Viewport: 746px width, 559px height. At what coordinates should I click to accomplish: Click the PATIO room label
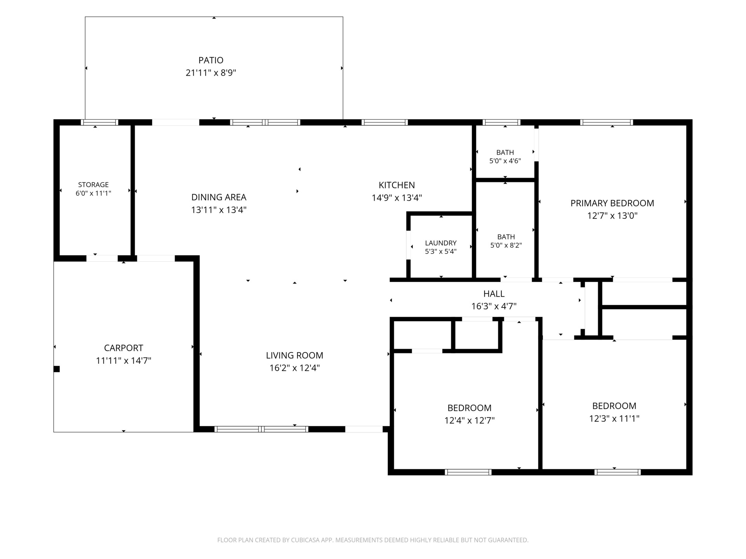point(211,60)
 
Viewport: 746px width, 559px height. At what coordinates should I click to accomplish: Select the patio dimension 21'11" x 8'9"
point(211,73)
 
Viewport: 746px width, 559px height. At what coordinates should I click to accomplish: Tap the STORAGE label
point(93,185)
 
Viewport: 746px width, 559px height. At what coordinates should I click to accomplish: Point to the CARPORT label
point(124,348)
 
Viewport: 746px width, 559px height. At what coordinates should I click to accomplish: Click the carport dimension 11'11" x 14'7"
point(124,361)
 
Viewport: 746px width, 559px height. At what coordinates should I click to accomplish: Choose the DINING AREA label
point(219,197)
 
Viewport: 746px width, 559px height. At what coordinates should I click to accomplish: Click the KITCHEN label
point(397,185)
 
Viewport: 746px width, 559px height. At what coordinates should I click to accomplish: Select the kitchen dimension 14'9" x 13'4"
point(397,198)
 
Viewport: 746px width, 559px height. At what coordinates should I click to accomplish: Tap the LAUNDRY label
point(441,243)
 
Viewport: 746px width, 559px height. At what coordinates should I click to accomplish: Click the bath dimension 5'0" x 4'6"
point(505,161)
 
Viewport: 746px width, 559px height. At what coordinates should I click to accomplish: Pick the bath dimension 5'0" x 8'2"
point(506,245)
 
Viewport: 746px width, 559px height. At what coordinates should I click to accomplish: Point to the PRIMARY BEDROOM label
point(612,203)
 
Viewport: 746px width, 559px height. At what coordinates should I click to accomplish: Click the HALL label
point(494,294)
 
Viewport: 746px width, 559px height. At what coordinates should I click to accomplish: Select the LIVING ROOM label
point(295,355)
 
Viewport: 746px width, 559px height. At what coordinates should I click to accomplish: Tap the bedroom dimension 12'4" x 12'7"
point(469,420)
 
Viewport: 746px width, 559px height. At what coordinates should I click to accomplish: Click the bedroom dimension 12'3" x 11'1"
point(614,418)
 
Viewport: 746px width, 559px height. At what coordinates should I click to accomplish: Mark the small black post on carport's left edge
point(57,369)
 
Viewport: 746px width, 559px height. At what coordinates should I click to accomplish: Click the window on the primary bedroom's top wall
point(607,122)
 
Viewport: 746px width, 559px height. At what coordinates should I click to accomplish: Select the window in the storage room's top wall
point(99,122)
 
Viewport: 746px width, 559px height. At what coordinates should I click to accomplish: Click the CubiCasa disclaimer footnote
point(373,540)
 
